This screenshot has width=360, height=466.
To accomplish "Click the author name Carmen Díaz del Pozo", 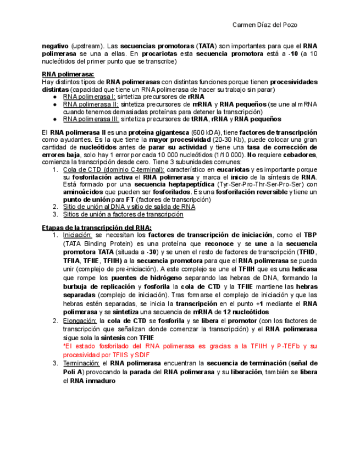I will click(x=265, y=25).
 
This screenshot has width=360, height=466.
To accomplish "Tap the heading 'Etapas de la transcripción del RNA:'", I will click(x=97, y=228).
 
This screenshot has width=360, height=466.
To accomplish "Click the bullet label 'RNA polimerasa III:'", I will click(x=91, y=119).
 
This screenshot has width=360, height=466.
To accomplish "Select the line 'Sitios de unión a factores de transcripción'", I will click(x=123, y=214).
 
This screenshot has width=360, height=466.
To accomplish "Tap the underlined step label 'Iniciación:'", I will click(x=77, y=235).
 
